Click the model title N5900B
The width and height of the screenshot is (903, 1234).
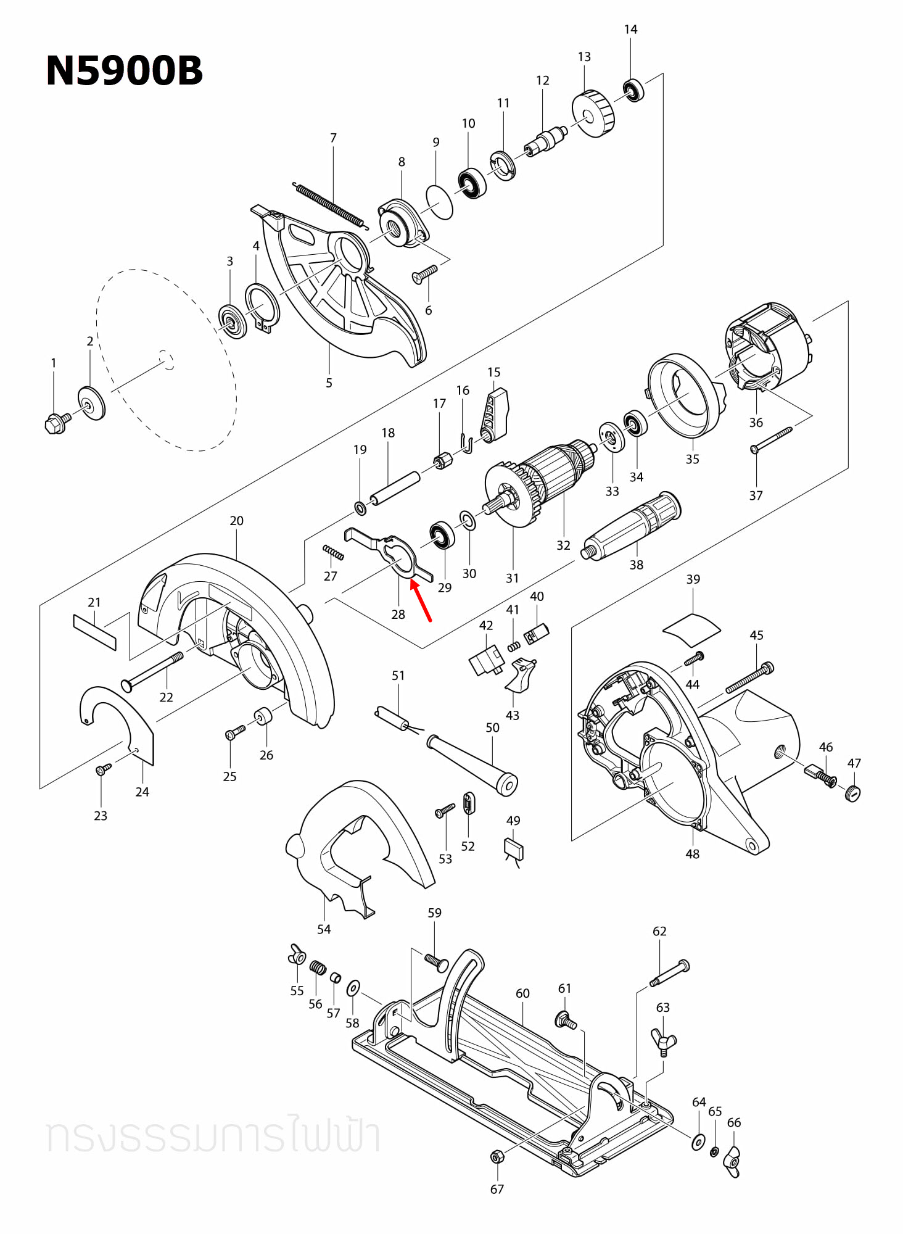124,70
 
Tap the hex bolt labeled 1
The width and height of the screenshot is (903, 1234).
56,423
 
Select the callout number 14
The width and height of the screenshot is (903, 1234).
630,30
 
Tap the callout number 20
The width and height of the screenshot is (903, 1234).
236,521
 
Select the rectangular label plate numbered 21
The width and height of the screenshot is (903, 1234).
94,632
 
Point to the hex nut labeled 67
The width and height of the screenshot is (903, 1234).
496,1156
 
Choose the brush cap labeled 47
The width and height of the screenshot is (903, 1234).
852,793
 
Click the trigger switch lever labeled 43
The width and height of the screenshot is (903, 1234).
521,675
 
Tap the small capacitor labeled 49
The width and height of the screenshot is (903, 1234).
514,849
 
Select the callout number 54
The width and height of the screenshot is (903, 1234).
324,929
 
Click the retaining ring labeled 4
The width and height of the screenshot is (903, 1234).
262,307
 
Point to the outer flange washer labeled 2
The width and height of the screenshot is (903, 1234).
91,403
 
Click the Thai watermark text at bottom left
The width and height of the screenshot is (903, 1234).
213,1137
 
